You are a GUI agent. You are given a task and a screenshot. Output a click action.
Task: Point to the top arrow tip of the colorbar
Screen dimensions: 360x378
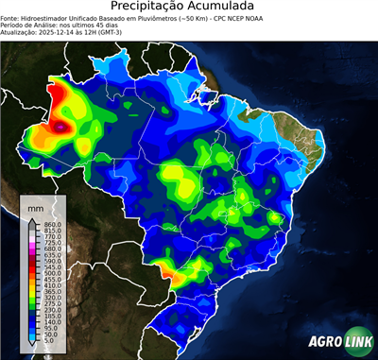pyautogui.click(x=32, y=217)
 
